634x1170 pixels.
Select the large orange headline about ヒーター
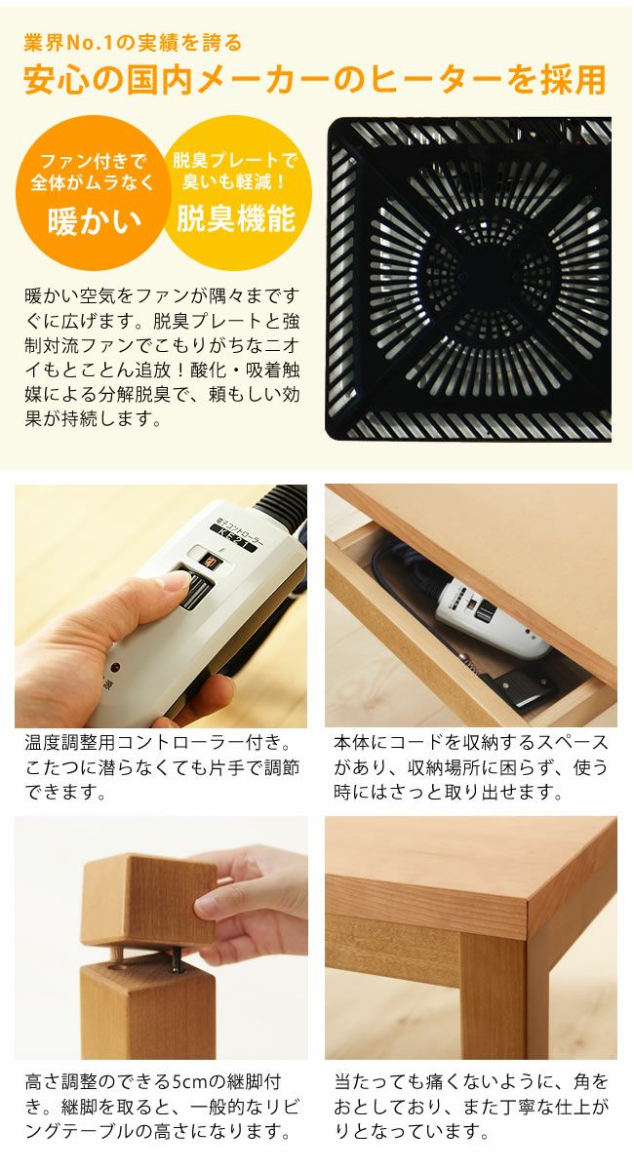click(x=314, y=80)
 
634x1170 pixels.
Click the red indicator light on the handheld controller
click(x=114, y=669)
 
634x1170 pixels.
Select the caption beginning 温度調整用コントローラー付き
click(x=161, y=767)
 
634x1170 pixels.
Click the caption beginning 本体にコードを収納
click(x=471, y=767)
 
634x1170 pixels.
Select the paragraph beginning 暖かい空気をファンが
click(x=161, y=357)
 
